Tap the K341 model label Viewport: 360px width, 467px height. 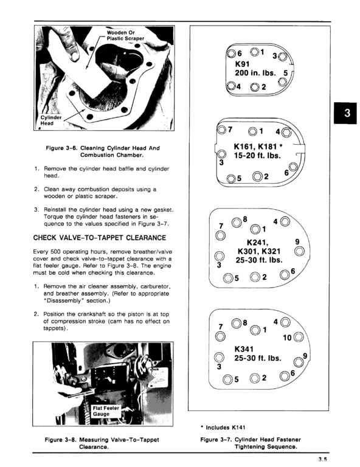click(x=245, y=349)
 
